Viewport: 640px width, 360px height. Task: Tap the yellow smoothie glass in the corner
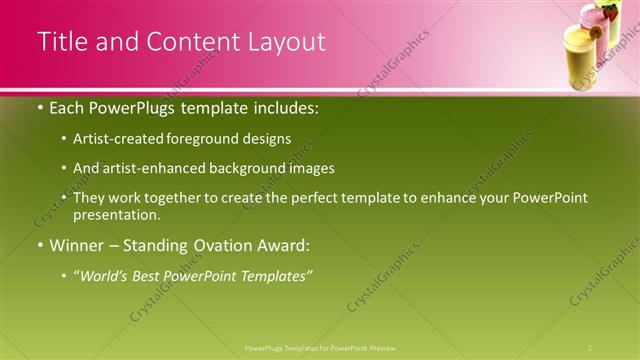point(581,60)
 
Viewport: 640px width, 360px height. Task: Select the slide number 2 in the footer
point(590,348)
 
